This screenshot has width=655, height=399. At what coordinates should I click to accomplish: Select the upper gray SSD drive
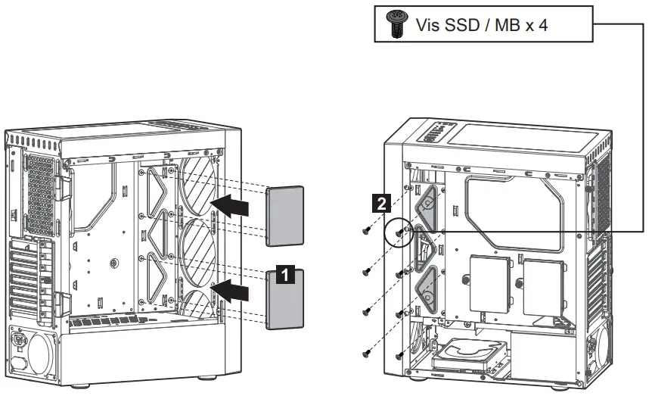point(286,217)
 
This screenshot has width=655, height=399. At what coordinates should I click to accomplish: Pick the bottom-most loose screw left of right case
point(368,350)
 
